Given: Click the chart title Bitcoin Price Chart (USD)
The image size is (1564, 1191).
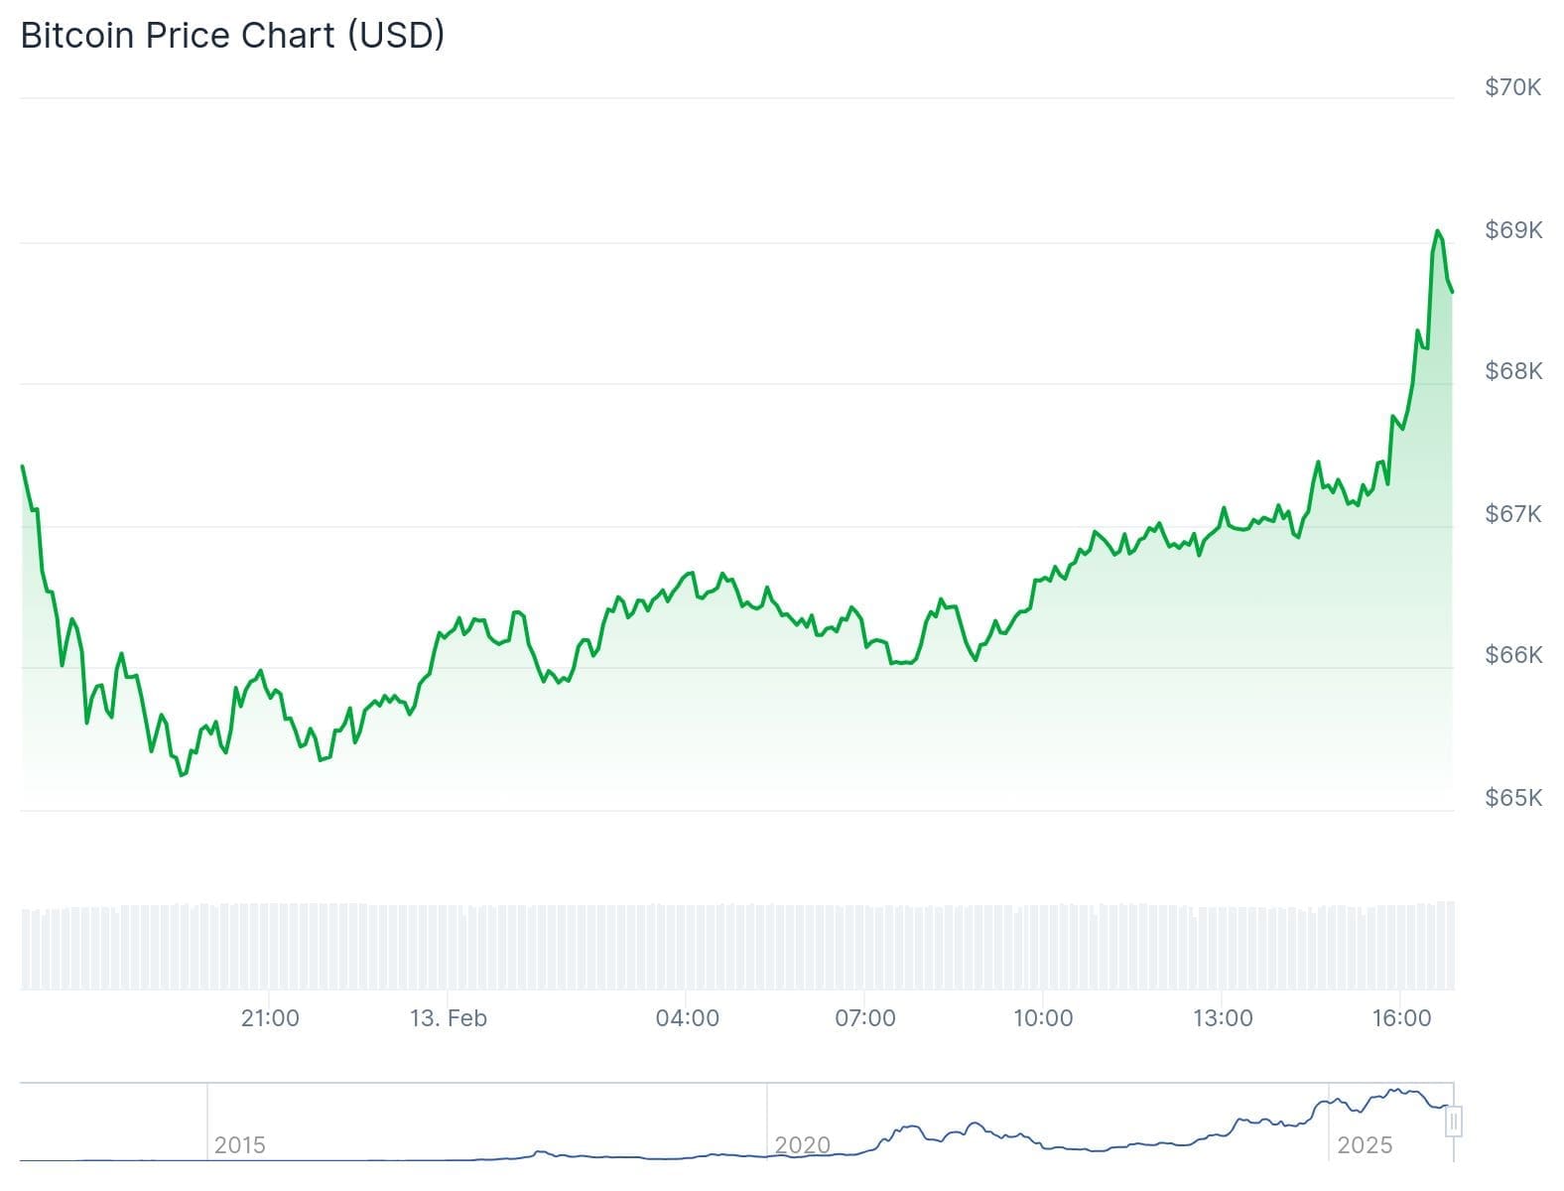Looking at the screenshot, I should (232, 36).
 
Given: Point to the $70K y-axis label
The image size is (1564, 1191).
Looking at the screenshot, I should (1512, 87).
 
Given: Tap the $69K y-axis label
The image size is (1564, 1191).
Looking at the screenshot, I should (1512, 230).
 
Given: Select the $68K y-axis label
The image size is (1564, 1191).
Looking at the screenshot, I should (1512, 371).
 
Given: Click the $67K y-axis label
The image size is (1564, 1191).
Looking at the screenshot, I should (1512, 514).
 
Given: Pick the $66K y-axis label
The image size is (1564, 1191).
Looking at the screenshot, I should (1512, 655).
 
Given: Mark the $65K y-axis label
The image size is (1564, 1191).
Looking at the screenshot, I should (1512, 798).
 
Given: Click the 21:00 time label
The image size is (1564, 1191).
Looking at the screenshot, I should (270, 1018).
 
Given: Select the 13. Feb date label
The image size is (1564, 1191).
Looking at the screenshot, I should (449, 1018).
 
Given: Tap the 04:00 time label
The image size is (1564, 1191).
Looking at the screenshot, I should (687, 1018).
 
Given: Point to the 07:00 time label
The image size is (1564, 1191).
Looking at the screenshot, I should (865, 1018).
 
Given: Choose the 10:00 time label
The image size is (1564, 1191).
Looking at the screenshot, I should (1043, 1018).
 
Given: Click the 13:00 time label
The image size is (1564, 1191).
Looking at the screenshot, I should (1223, 1018).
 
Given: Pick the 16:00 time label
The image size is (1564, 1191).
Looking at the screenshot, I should (1401, 1018).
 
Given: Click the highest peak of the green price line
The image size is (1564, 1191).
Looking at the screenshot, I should (1437, 231).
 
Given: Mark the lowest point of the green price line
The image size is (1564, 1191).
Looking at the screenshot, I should (182, 775).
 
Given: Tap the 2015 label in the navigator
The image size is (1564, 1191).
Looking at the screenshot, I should (240, 1145).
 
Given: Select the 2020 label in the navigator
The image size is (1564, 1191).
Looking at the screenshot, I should (802, 1145).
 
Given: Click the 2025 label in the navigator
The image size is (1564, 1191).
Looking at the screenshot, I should (1365, 1145).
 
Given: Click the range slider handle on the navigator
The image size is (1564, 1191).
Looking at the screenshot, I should (1454, 1123).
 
